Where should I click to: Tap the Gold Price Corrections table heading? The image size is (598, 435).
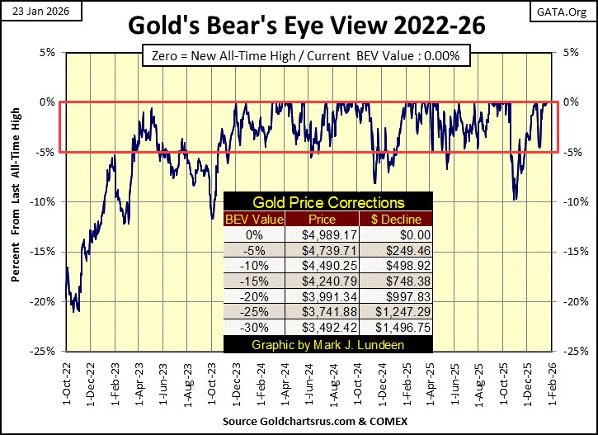[x=328, y=202]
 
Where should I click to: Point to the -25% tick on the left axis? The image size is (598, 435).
[x=44, y=352]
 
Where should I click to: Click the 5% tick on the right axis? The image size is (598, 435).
[x=571, y=52]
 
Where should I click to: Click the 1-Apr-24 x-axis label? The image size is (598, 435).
[x=283, y=380]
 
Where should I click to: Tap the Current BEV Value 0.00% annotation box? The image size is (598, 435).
[x=305, y=56]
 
